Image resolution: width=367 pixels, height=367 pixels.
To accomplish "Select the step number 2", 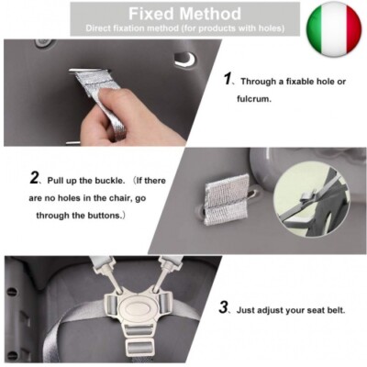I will click(x=34, y=177).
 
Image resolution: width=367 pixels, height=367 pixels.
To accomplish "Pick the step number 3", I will click(x=224, y=307).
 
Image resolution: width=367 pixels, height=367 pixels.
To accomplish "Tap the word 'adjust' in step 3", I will click(x=278, y=310).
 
